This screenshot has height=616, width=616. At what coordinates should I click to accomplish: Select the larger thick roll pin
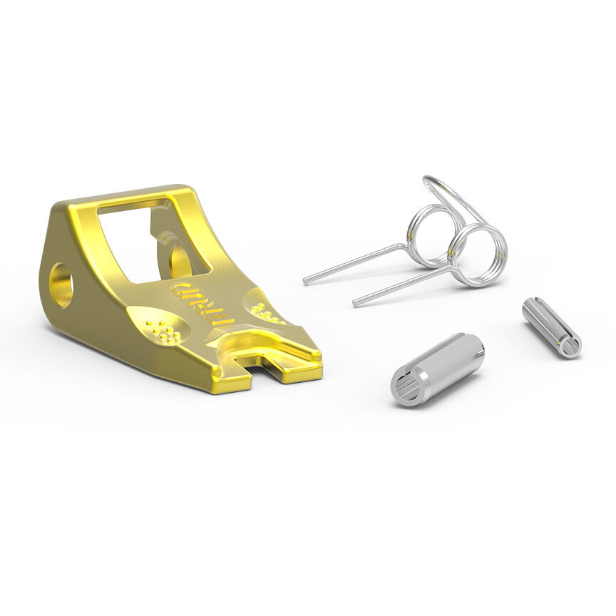point(438,369)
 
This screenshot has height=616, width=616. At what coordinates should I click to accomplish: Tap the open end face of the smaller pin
point(570,346)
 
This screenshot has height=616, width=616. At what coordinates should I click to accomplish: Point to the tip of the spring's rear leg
point(307,281)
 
